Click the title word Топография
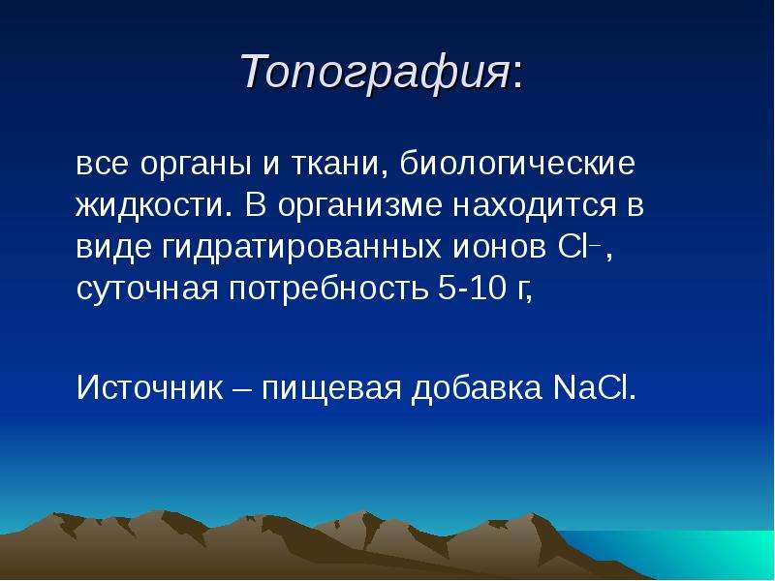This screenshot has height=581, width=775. point(375,72)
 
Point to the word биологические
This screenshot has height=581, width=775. point(517,164)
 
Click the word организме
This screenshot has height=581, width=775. point(359,206)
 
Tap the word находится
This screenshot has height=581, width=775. point(535,206)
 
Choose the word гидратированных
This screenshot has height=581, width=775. point(301,248)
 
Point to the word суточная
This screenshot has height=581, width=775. point(147,289)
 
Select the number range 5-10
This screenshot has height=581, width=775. point(472,287)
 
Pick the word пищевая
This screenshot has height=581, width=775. point(331,388)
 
